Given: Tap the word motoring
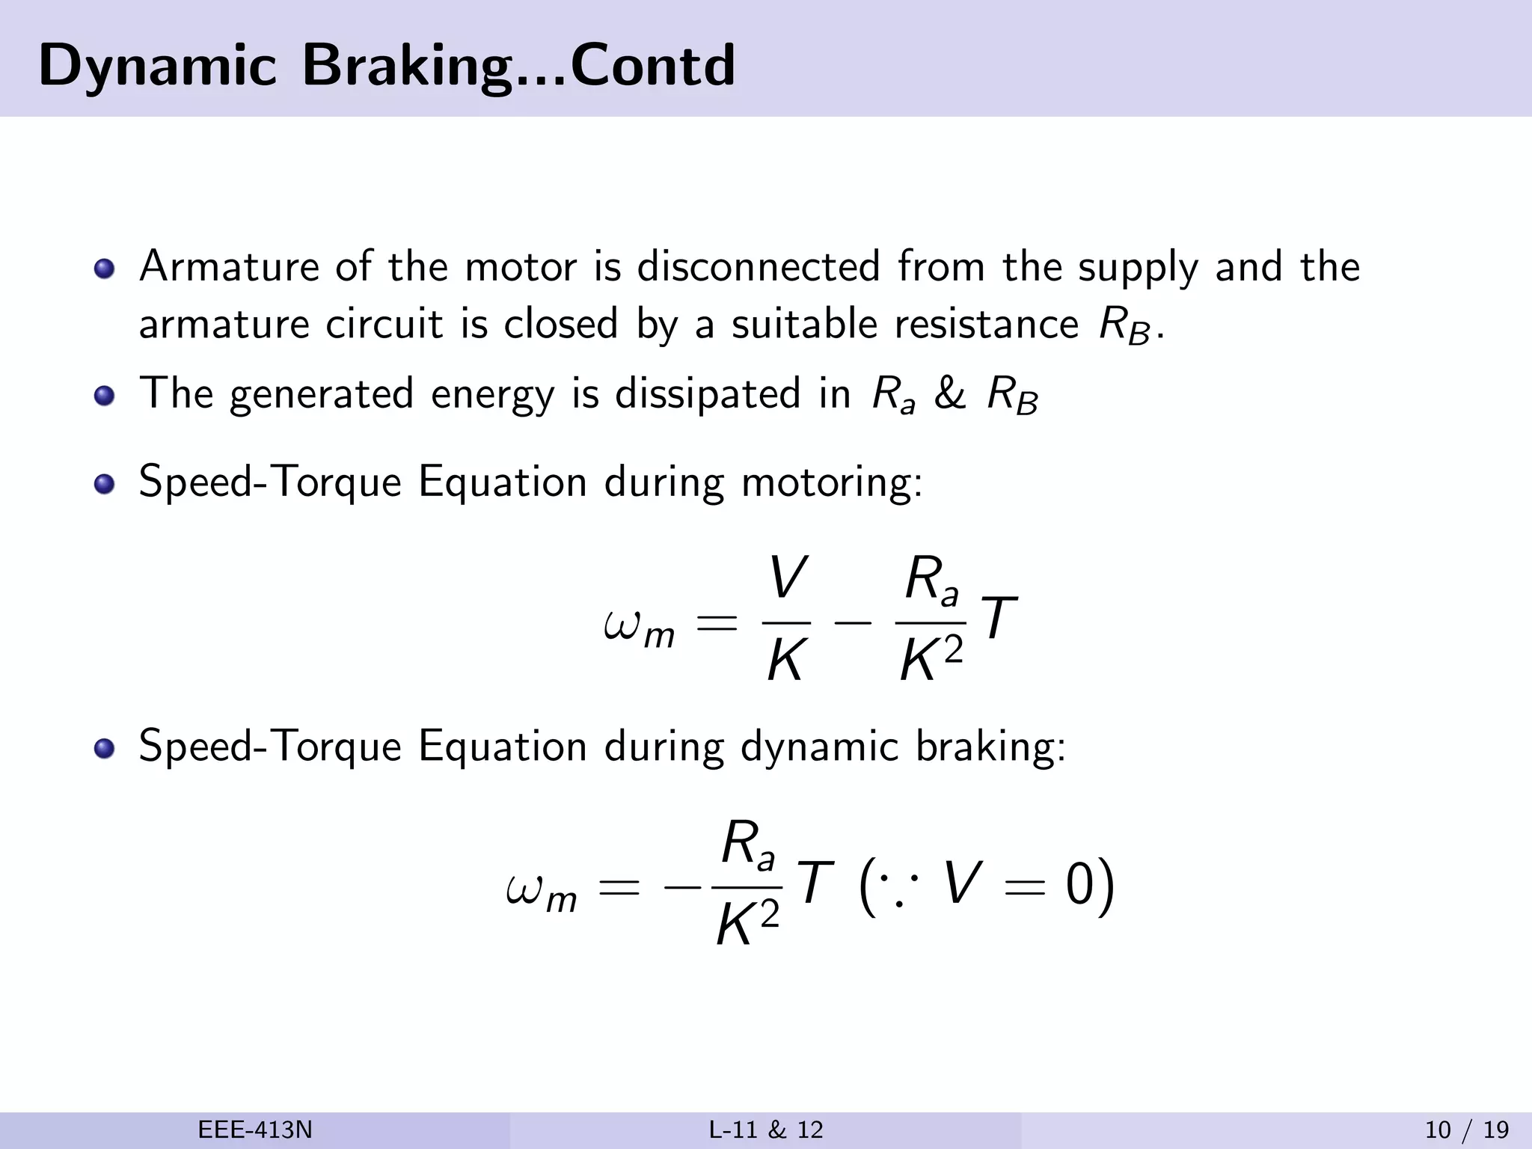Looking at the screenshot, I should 832,482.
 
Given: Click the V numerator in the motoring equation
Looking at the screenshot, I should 787,578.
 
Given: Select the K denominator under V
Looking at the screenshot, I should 785,661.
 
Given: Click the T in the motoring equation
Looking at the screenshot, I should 999,618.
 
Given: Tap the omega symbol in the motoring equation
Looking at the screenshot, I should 622,624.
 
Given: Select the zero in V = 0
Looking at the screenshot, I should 1080,886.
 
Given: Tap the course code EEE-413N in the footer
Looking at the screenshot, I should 255,1130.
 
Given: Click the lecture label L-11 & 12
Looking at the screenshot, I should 766,1130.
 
